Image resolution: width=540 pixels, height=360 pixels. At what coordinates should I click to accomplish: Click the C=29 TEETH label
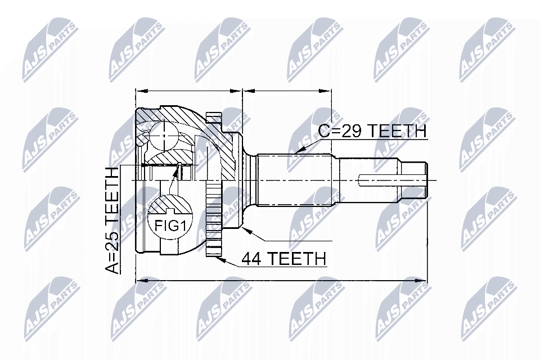pyautogui.click(x=372, y=131)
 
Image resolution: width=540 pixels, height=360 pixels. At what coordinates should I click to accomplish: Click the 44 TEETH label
pyautogui.click(x=283, y=258)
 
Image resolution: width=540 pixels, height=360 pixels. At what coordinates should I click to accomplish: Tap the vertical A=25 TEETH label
pyautogui.click(x=112, y=220)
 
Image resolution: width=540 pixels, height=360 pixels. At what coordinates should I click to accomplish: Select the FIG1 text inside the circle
pyautogui.click(x=169, y=226)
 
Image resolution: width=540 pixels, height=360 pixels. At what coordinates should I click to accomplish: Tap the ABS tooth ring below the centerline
pyautogui.click(x=214, y=220)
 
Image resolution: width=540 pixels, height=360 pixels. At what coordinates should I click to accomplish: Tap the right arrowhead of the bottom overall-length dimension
pyautogui.click(x=420, y=281)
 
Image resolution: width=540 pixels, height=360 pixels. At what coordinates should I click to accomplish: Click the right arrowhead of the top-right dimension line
pyautogui.click(x=326, y=91)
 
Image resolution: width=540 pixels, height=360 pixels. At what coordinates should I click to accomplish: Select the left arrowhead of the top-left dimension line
pyautogui.click(x=142, y=91)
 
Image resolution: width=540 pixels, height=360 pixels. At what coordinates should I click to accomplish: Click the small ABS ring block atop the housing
pyautogui.click(x=213, y=118)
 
